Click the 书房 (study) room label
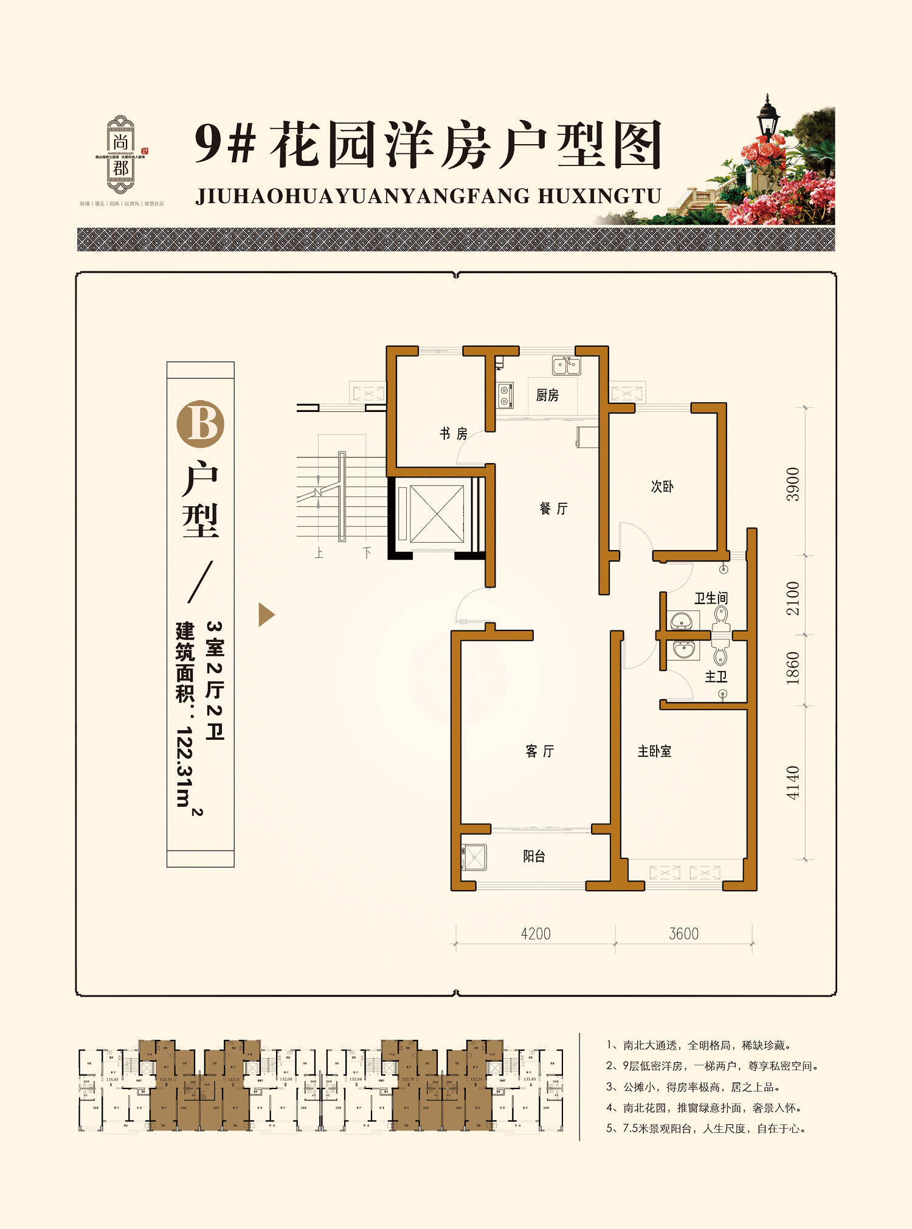454,434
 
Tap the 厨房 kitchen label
547,395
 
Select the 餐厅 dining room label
553,509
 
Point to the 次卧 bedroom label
662,487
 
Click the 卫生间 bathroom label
711,598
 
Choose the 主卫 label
716,677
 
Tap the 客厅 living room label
540,751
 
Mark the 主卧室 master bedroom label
654,751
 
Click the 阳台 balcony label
534,857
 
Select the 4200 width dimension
536,934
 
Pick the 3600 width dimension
683,934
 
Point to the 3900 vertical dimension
793,484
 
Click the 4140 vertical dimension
793,782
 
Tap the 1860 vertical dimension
793,668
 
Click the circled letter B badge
200,424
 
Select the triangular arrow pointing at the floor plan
266,614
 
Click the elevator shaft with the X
436,514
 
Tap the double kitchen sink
566,366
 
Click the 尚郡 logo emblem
120,155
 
